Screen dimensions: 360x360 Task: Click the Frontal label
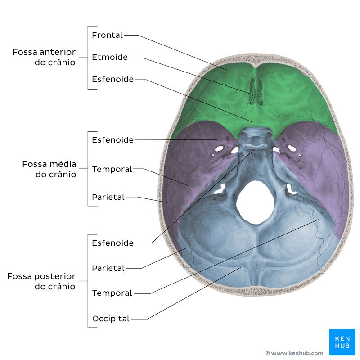[x=107, y=35]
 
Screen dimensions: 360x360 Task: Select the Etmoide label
[x=110, y=57]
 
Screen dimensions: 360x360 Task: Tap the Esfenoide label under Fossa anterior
[x=112, y=79]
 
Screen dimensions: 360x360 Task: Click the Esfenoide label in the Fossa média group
[x=112, y=140]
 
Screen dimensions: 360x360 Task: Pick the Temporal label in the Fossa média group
[x=112, y=169]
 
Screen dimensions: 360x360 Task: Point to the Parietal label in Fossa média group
[x=108, y=197]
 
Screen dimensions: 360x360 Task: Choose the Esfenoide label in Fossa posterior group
[x=112, y=243]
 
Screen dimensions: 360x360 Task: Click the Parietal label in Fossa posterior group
[x=108, y=268]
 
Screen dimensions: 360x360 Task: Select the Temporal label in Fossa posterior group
[x=112, y=293]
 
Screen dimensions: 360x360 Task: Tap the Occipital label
[x=111, y=319]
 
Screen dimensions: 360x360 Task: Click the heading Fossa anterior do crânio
[x=44, y=57]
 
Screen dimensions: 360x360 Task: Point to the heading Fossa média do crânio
[x=49, y=169]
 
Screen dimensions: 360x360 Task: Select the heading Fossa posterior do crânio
[x=41, y=281]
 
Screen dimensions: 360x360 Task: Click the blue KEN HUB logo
[x=342, y=342]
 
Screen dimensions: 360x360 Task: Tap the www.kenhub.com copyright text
[x=294, y=353]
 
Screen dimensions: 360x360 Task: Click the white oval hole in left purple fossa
[x=220, y=148]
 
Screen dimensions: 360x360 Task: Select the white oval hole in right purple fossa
[x=292, y=148]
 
